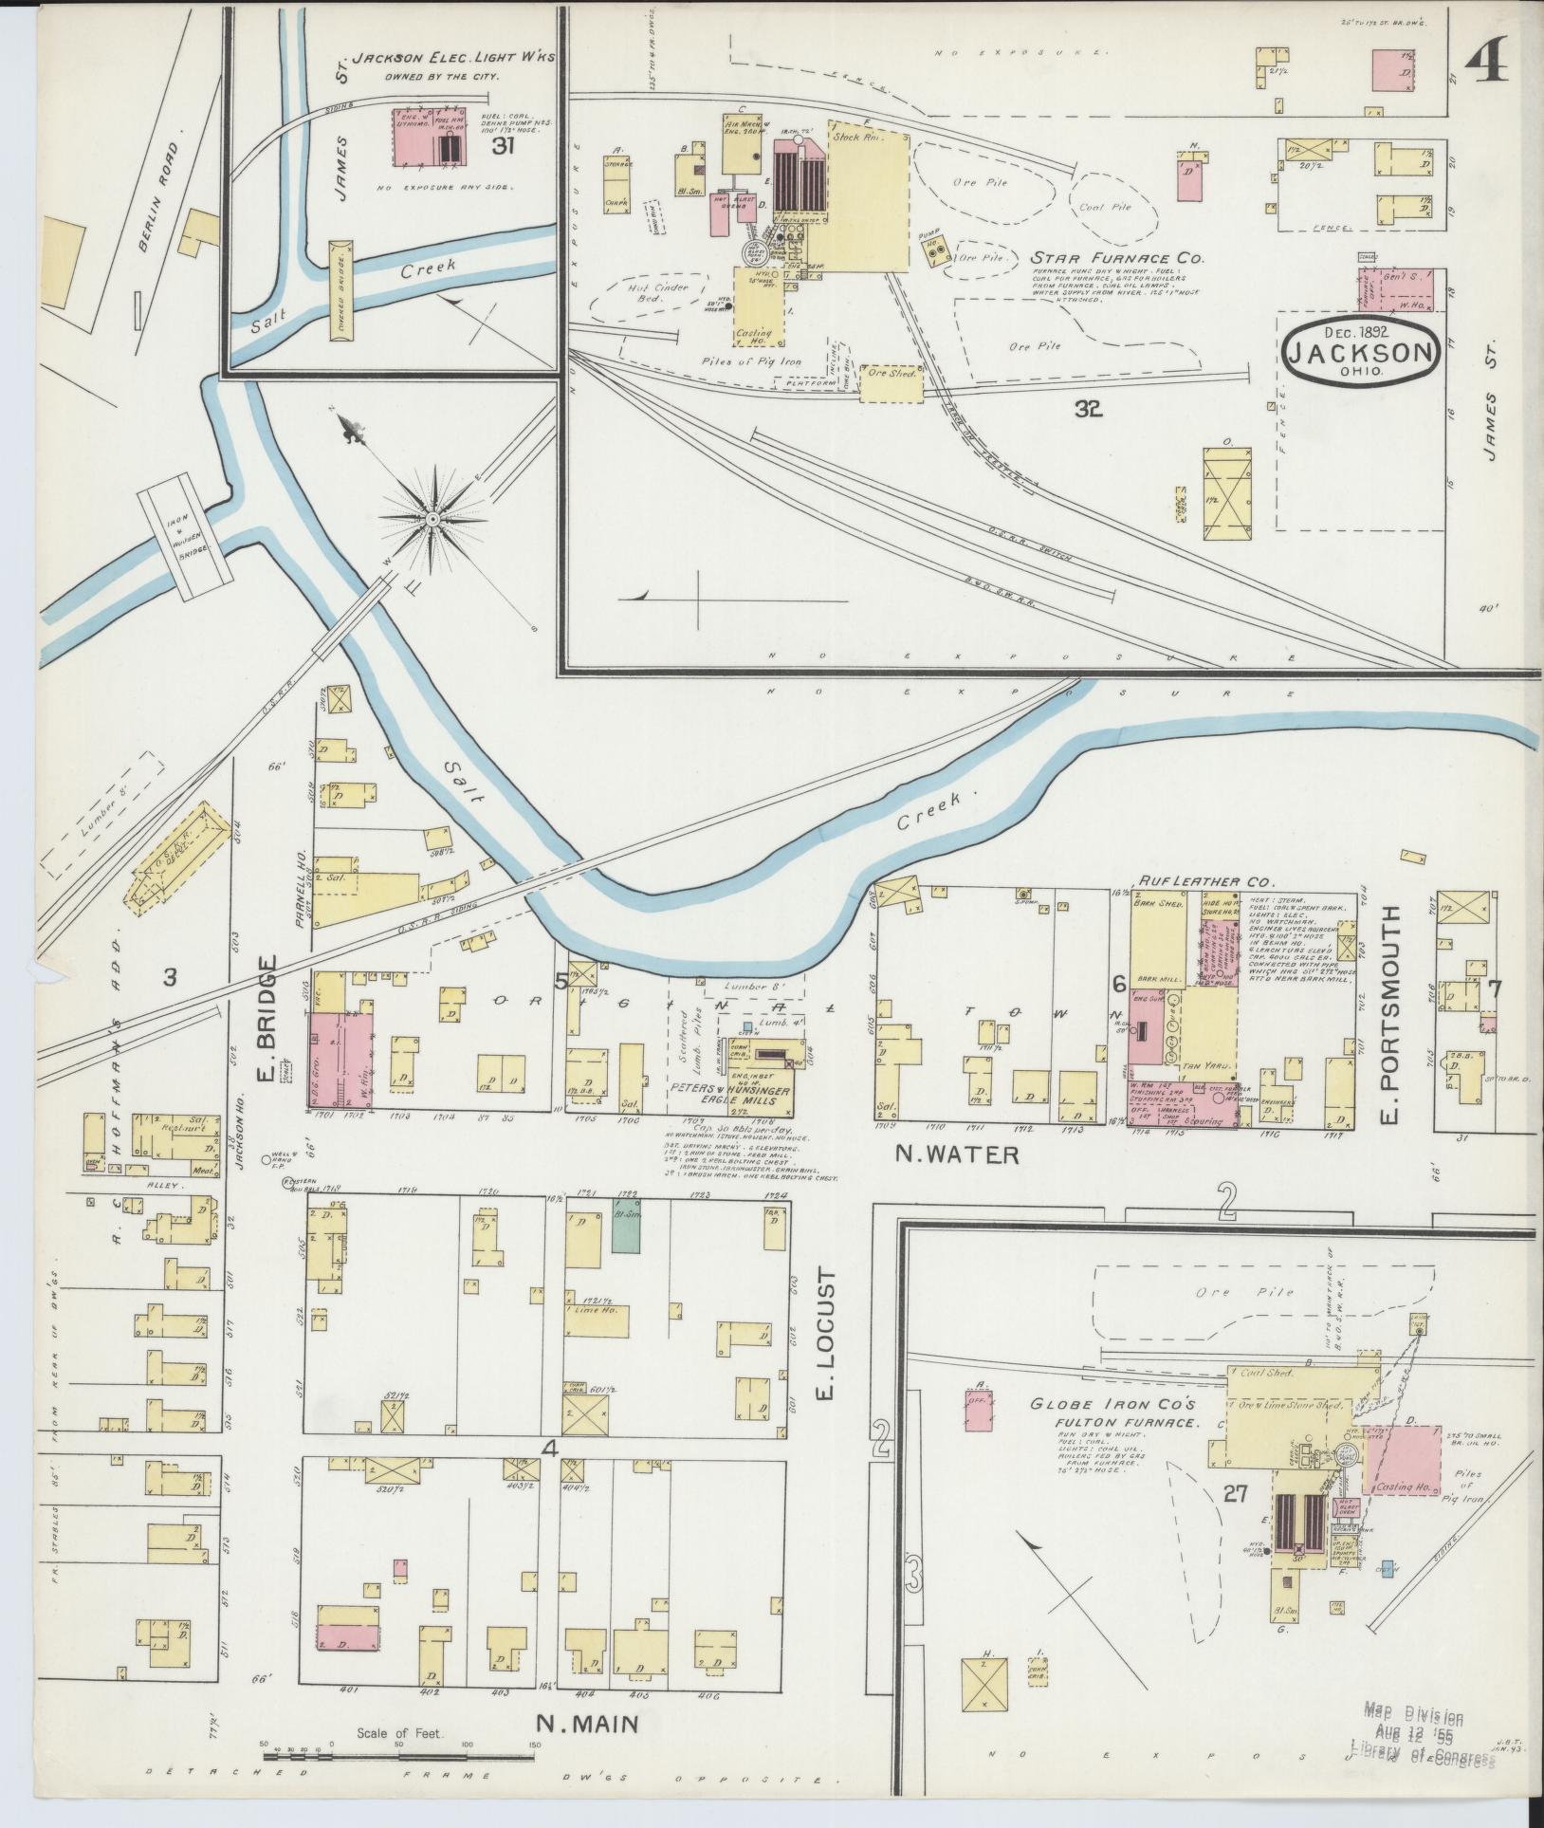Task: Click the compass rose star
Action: (x=432, y=519)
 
